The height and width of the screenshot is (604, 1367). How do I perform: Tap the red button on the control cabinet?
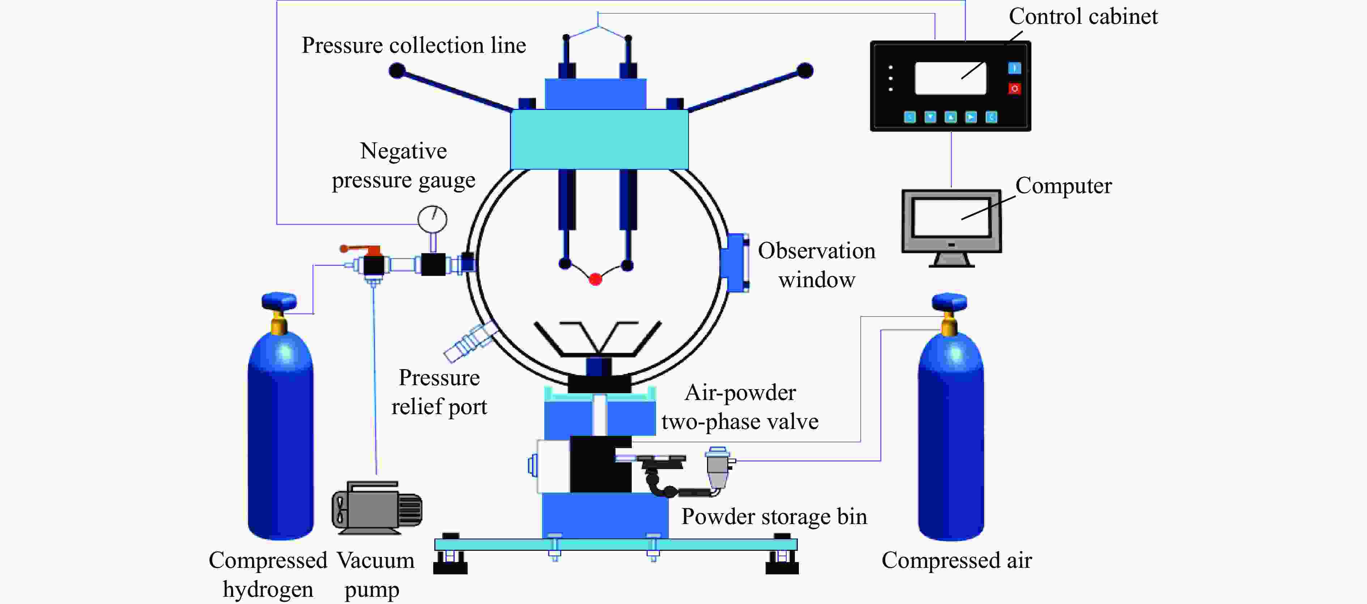tap(1014, 89)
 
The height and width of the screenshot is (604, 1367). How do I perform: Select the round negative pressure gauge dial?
tap(433, 219)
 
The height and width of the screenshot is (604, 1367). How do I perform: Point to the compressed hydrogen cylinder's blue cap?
tap(279, 301)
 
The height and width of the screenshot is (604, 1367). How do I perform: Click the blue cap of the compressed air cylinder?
tap(949, 302)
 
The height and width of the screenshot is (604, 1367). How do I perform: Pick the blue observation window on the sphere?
tap(735, 263)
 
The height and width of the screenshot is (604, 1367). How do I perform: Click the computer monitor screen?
tap(951, 218)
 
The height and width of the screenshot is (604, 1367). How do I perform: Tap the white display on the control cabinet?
tap(950, 78)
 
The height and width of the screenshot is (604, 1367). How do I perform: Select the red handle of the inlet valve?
tap(361, 248)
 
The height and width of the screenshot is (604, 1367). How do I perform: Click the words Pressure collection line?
tap(413, 46)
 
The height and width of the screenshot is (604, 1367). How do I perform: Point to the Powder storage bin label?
tap(774, 517)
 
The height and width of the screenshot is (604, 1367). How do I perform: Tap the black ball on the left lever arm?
tap(397, 71)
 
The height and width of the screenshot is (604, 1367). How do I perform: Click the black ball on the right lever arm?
tap(805, 71)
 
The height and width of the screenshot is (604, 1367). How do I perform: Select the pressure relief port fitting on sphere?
tap(470, 343)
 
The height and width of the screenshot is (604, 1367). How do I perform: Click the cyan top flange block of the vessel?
tap(599, 139)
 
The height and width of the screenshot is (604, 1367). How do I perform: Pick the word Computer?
tap(1063, 186)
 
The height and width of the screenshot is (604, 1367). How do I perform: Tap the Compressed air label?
tap(956, 561)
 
